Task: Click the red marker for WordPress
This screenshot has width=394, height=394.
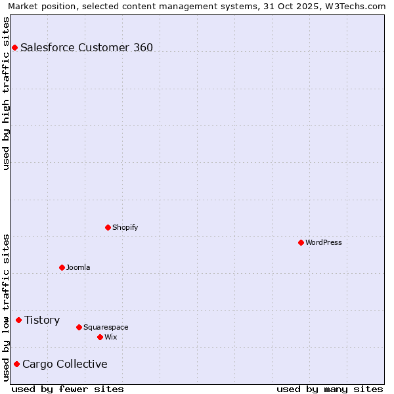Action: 301,242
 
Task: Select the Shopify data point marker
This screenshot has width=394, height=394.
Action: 108,227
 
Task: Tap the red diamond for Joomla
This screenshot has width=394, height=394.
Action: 62,267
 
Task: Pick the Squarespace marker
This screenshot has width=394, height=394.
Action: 79,327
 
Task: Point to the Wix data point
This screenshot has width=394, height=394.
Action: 100,337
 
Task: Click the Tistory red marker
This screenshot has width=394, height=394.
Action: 18,320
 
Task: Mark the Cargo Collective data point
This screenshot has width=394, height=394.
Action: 16,364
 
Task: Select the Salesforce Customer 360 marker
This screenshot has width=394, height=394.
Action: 14,47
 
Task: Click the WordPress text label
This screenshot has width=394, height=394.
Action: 324,242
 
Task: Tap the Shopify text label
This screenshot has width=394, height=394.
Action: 125,227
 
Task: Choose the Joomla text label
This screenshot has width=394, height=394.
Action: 78,267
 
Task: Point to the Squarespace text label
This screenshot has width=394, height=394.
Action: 106,327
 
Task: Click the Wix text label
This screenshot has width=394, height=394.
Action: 110,337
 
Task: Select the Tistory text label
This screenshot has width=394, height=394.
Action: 42,320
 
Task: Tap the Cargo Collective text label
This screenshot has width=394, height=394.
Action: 64,364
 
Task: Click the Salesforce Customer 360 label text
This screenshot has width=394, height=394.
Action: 87,47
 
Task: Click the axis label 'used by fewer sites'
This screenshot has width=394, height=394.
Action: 68,389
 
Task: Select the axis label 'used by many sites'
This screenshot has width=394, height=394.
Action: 330,389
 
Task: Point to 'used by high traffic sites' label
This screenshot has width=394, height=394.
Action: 6,93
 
